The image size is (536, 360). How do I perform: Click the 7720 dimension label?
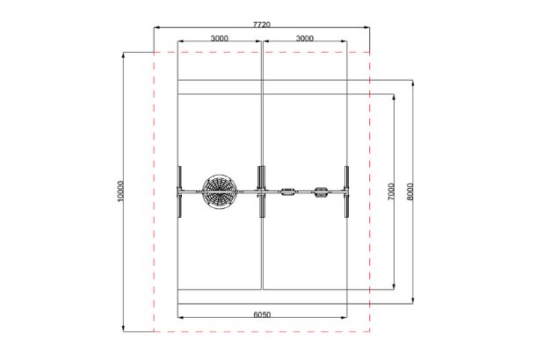(262, 25)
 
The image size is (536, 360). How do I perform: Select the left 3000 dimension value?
(220, 39)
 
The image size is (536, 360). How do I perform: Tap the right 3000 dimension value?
(304, 39)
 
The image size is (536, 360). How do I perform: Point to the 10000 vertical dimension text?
(120, 191)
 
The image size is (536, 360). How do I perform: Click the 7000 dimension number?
(391, 191)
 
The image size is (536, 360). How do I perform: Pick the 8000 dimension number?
(410, 191)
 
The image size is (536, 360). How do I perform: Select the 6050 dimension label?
(262, 314)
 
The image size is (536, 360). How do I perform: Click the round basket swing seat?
(220, 191)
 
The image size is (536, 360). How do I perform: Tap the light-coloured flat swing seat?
(288, 191)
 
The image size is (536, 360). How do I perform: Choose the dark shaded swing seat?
(321, 192)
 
